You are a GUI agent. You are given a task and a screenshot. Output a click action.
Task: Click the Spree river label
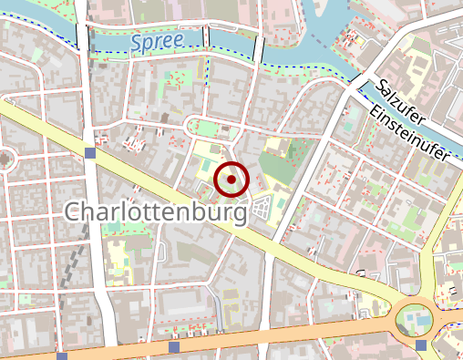click(x=156, y=41)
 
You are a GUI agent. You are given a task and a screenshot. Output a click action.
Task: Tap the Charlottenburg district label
click(x=156, y=213)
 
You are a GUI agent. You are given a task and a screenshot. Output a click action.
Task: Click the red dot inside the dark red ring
click(x=231, y=180)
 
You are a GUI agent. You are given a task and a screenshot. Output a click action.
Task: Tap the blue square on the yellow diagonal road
click(x=88, y=152)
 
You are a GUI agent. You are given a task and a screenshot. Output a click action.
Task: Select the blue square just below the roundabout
click(x=420, y=345)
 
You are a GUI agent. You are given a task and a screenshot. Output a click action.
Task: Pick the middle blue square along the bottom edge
click(x=174, y=347)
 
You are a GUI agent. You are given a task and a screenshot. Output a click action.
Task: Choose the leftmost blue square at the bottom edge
click(x=60, y=356)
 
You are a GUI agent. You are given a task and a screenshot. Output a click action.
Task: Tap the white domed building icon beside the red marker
click(x=262, y=208)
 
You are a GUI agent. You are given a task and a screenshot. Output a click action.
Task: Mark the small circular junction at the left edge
click(x=4, y=159)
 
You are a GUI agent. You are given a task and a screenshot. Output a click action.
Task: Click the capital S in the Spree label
click(x=136, y=42)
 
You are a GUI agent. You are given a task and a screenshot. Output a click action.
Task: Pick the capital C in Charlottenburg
click(x=76, y=213)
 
